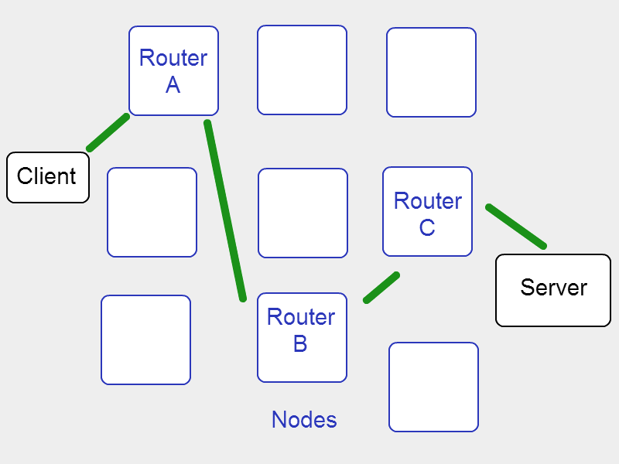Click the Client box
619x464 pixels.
tap(48, 178)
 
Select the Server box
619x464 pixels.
tap(553, 291)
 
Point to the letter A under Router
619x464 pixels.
tap(173, 85)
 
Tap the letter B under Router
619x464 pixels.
tap(300, 343)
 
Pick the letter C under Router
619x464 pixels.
tap(427, 227)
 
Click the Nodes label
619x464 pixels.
tap(304, 419)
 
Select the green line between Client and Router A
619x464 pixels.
tap(108, 132)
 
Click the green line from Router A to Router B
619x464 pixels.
tap(225, 210)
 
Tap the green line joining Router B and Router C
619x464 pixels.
tap(381, 287)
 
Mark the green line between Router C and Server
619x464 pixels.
tap(516, 227)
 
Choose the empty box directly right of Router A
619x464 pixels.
tap(302, 70)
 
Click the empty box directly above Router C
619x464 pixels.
tap(431, 72)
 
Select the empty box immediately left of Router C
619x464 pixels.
tap(303, 213)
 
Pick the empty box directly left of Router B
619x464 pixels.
tap(145, 339)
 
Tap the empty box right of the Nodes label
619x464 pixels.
tap(433, 387)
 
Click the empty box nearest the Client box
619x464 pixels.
tap(152, 212)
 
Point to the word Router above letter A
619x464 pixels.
tap(173, 58)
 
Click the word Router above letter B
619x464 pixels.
tap(301, 317)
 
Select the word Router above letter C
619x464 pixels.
tap(428, 201)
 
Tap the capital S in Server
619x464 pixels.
tap(528, 287)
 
